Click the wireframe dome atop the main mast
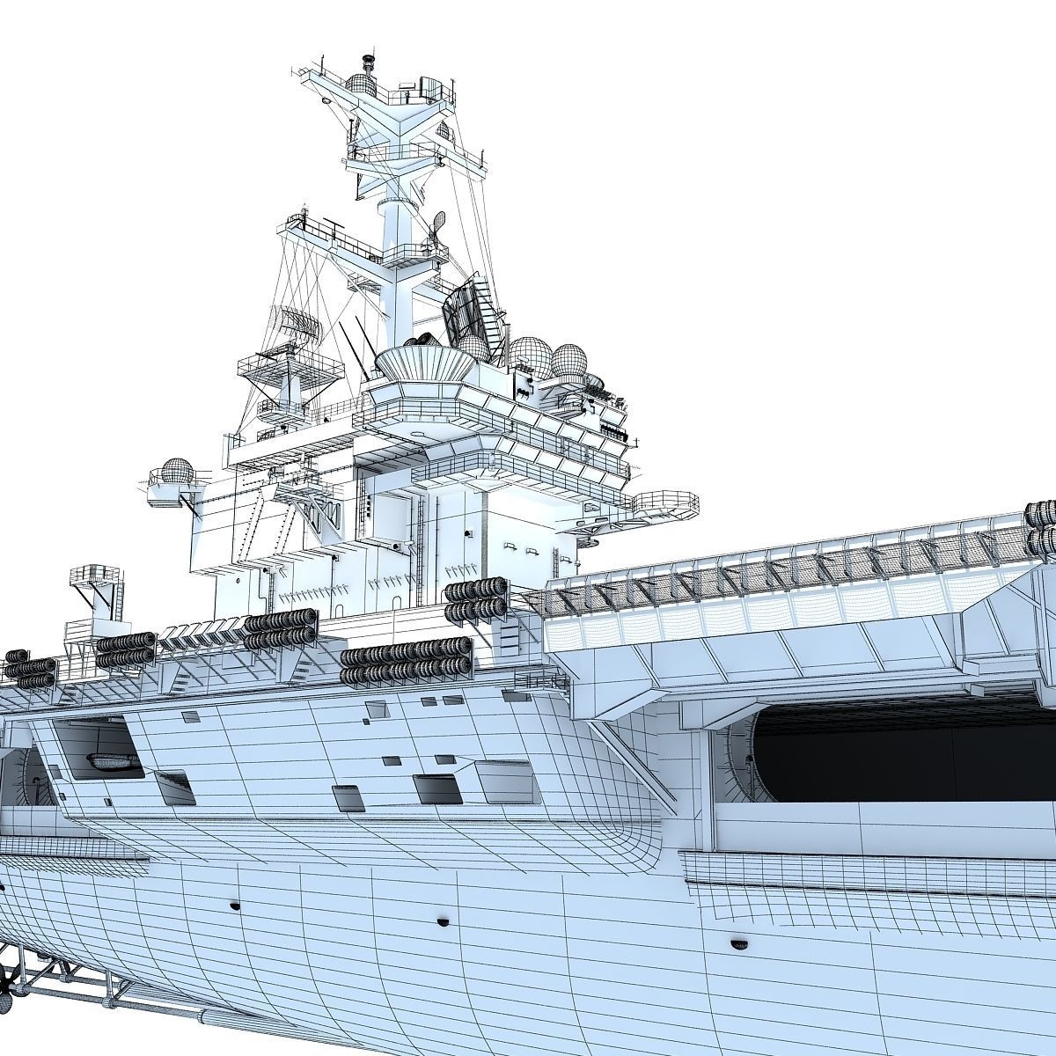tap(360, 84)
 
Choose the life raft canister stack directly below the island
tap(476, 600)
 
